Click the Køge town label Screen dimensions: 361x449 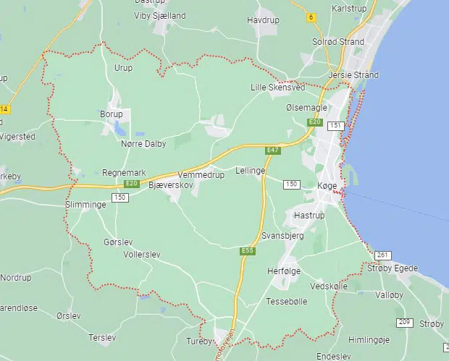click(x=328, y=185)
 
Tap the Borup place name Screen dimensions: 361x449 click(x=112, y=114)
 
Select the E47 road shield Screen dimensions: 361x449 click(x=272, y=150)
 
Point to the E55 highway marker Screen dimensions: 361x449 click(x=248, y=251)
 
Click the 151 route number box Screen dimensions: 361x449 click(x=335, y=126)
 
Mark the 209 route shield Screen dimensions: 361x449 click(x=403, y=322)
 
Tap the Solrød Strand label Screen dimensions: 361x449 click(x=337, y=42)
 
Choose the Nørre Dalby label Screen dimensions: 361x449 click(x=143, y=144)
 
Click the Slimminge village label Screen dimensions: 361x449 click(x=85, y=205)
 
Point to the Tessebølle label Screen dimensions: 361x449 click(x=288, y=300)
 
